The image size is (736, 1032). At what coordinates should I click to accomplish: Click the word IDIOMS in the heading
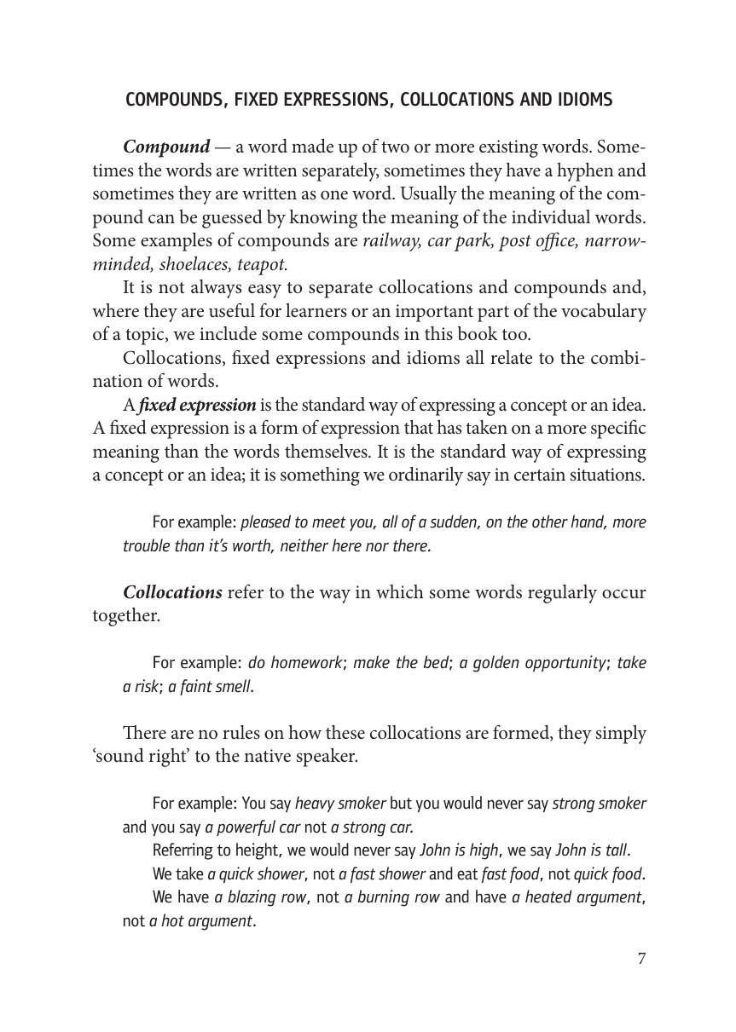point(582,100)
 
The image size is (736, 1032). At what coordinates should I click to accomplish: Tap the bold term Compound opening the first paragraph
point(166,147)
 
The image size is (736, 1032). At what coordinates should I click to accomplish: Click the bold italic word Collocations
point(173,592)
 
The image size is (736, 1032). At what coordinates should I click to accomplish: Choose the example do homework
point(294,662)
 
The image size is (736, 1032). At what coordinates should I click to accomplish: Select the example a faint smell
point(210,686)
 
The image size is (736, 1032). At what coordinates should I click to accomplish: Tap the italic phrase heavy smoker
point(340,803)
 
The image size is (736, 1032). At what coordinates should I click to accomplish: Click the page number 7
point(641,959)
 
